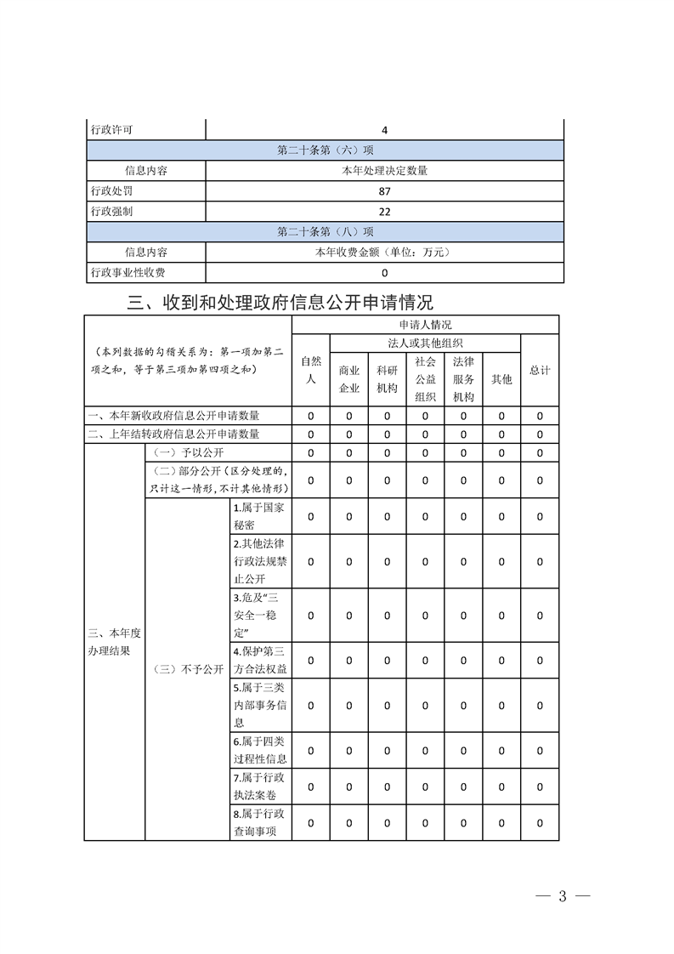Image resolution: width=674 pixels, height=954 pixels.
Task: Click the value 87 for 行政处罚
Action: (x=384, y=191)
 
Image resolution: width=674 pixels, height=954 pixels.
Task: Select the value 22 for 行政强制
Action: (x=384, y=212)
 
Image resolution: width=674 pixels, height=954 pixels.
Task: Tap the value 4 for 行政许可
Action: (x=384, y=130)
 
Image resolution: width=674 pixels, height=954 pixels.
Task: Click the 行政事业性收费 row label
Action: (x=128, y=273)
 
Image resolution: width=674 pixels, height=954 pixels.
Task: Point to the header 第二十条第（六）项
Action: (x=325, y=150)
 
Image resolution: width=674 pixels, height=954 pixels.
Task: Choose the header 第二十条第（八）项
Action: (x=325, y=232)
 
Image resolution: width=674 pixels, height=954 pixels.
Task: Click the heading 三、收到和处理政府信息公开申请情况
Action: (x=280, y=303)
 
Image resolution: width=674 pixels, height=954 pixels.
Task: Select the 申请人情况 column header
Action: (x=425, y=325)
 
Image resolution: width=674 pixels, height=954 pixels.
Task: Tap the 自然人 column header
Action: (x=311, y=371)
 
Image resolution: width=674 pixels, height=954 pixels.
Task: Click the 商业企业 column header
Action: (x=349, y=379)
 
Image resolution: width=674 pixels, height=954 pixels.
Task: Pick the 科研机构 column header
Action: (x=387, y=379)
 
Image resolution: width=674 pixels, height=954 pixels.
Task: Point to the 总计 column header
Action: (x=540, y=371)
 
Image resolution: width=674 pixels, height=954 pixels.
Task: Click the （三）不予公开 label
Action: (x=188, y=669)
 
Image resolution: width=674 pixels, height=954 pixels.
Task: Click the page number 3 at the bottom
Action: (x=562, y=897)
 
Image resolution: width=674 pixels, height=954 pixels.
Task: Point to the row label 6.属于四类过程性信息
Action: (x=260, y=750)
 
